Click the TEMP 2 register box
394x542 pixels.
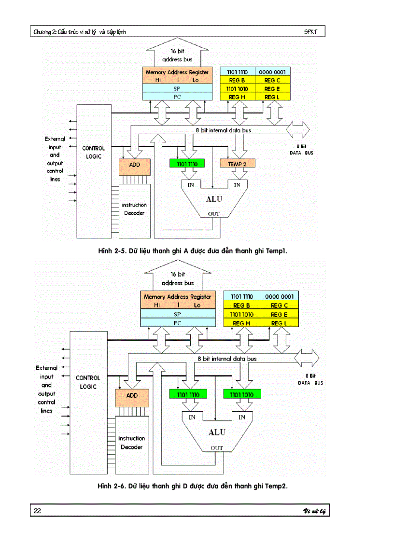pos(237,164)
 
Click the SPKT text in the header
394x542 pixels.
pos(311,32)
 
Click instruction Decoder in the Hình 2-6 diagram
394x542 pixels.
pos(132,443)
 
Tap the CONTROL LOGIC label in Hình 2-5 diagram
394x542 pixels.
pos(93,153)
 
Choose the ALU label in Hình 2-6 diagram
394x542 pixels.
pos(217,432)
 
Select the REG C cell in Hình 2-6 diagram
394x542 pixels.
pos(280,306)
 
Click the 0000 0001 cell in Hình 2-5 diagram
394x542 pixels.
pos(273,72)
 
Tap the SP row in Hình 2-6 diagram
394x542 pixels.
pos(177,314)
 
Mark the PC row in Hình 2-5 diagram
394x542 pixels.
pos(178,97)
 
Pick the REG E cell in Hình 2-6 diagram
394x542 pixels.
pos(280,314)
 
